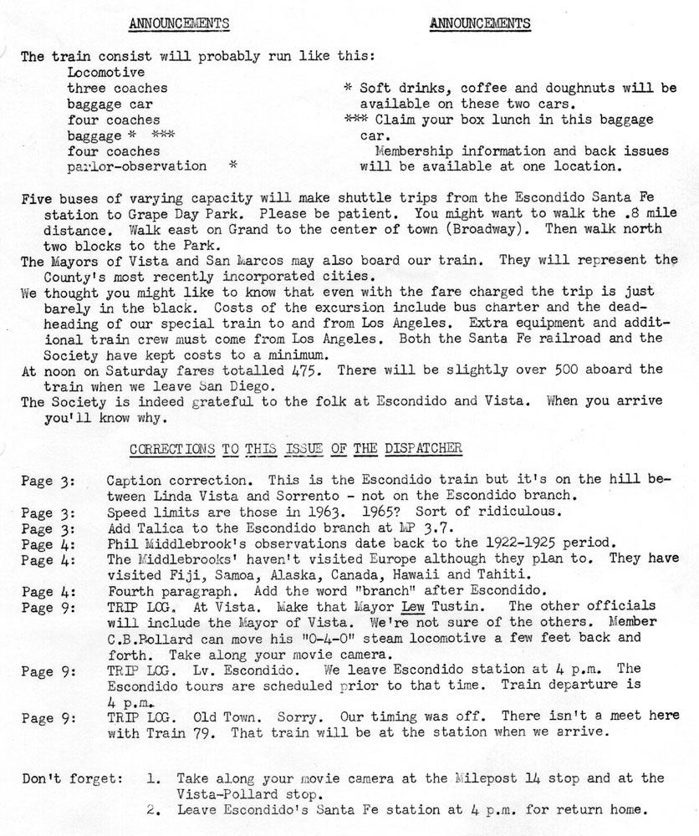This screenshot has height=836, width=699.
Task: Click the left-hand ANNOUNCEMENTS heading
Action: (180, 24)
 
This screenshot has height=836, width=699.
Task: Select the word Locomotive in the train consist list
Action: (106, 72)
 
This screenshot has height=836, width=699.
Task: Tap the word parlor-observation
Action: (137, 166)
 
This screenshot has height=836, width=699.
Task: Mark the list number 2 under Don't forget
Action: (151, 809)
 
